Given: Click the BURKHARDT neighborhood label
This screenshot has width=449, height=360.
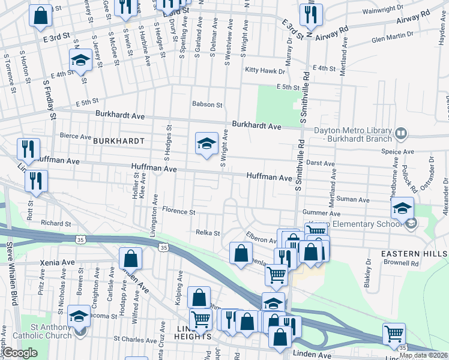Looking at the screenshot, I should pyautogui.click(x=119, y=140).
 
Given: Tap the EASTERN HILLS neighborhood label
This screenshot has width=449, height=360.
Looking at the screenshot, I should pyautogui.click(x=414, y=254).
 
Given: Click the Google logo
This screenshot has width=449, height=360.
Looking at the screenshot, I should pyautogui.click(x=20, y=353).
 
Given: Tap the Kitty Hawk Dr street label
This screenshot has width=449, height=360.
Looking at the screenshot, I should pyautogui.click(x=265, y=71).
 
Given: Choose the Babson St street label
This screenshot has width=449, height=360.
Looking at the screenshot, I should pyautogui.click(x=207, y=104).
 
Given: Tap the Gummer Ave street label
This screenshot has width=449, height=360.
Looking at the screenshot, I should pyautogui.click(x=322, y=213).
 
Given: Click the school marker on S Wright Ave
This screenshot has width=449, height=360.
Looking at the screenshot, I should pyautogui.click(x=206, y=143).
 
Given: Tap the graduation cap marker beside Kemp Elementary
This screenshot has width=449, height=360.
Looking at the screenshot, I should pyautogui.click(x=402, y=208).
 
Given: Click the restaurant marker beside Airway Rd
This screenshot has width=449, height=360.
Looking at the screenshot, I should pyautogui.click(x=311, y=16).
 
